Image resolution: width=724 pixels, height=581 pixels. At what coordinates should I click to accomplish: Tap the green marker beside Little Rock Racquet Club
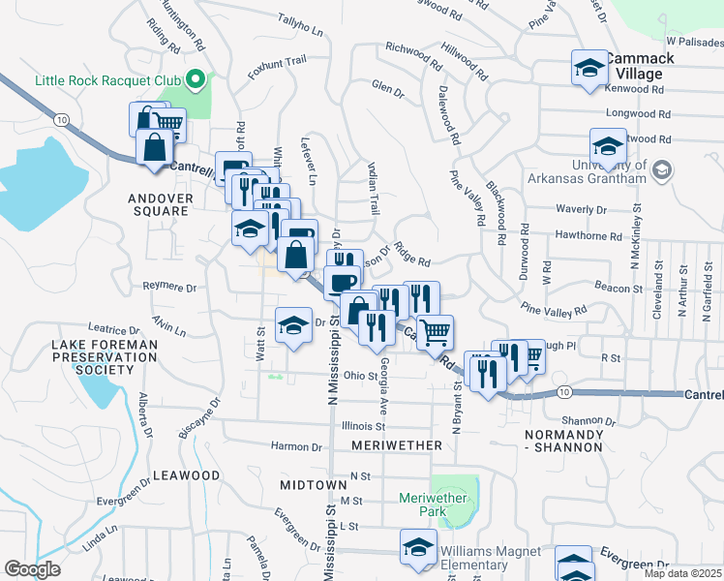tap(197, 78)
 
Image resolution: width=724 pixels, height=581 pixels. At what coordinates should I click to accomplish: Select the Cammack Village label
tap(636, 66)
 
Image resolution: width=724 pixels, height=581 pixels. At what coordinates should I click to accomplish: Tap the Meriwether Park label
tap(433, 505)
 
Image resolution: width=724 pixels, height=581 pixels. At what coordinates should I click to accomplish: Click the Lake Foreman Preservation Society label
tap(106, 356)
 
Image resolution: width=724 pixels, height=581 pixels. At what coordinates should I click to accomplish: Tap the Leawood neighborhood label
tap(187, 475)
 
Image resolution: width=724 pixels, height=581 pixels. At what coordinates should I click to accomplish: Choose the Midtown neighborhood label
tap(313, 483)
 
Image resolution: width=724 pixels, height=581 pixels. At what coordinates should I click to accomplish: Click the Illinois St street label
tap(363, 425)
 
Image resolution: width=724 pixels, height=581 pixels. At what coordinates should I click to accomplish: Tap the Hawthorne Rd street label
tap(588, 235)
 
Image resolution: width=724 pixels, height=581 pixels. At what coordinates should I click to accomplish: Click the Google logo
tap(32, 570)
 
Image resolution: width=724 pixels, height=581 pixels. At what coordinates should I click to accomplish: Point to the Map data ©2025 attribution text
tap(682, 573)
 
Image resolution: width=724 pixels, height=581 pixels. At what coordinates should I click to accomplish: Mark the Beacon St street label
tap(618, 289)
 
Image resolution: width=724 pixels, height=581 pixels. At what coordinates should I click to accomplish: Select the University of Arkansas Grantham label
tap(587, 171)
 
